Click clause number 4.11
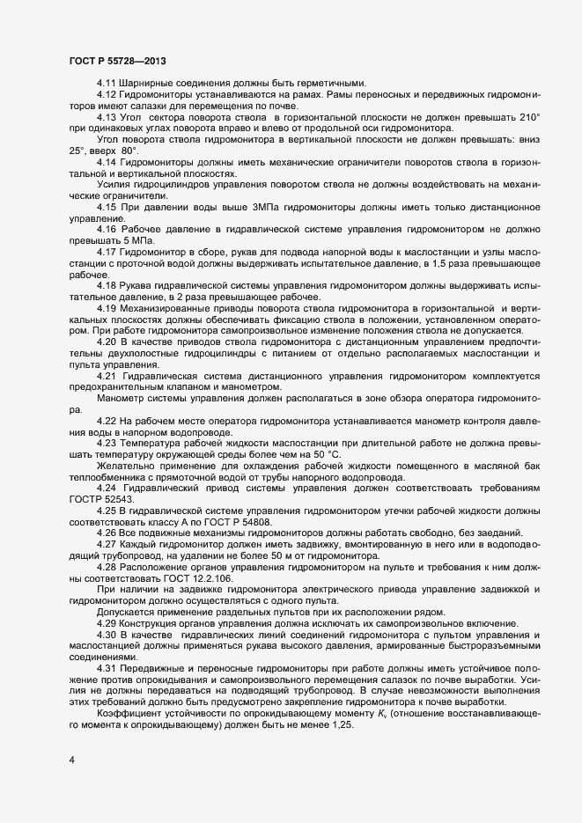[x=107, y=82]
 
